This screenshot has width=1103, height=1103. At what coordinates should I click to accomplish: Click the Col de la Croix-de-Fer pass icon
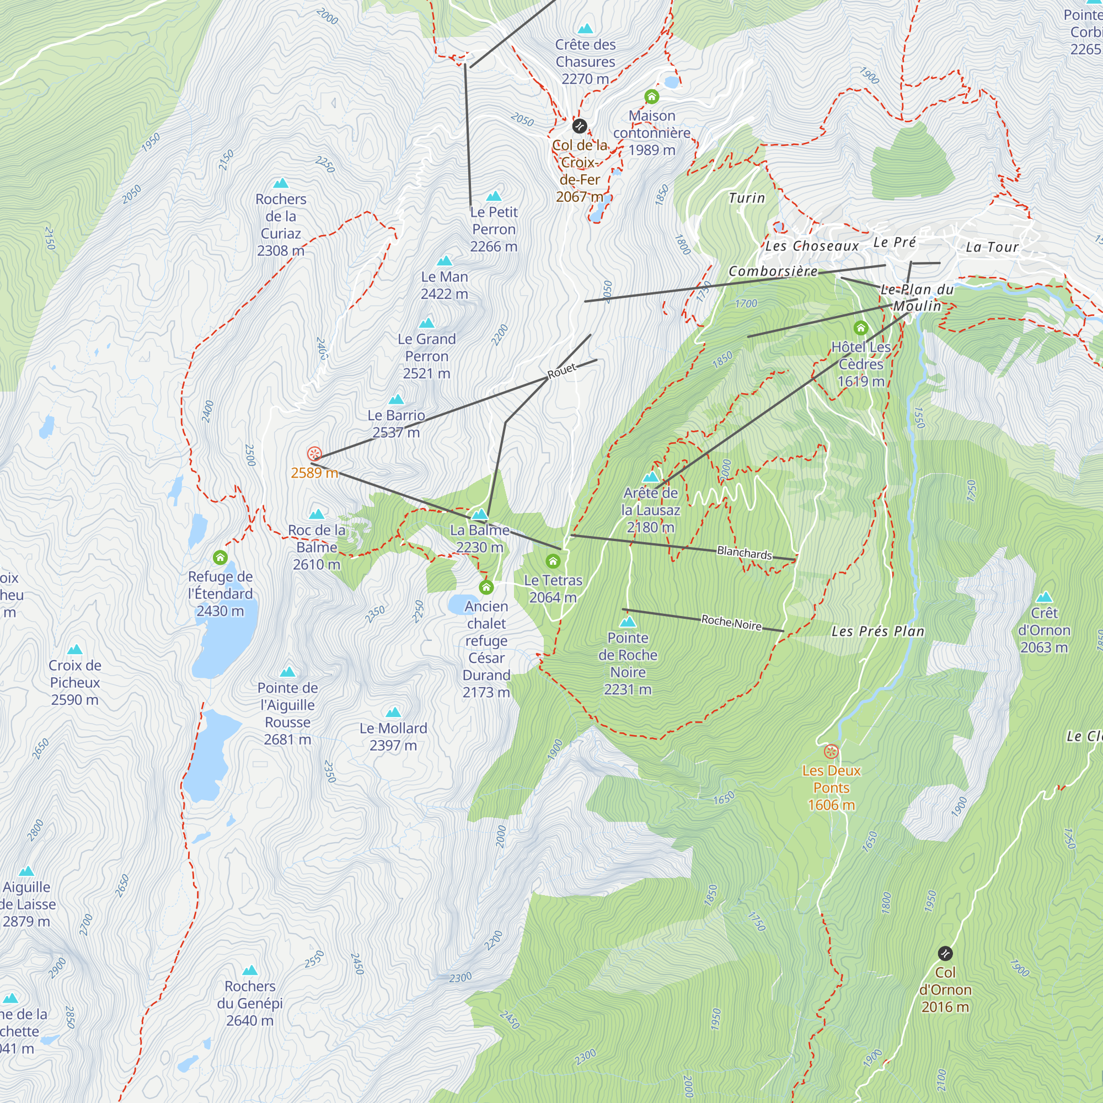pyautogui.click(x=580, y=126)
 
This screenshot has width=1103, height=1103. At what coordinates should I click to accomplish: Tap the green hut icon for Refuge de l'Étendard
pyautogui.click(x=221, y=558)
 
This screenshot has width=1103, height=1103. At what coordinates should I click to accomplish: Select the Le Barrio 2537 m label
pyautogui.click(x=396, y=424)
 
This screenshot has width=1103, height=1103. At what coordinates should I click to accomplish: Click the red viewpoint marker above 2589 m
pyautogui.click(x=314, y=454)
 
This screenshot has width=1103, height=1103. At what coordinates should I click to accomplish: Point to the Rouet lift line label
pyautogui.click(x=562, y=372)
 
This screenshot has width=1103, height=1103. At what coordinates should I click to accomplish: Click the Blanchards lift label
pyautogui.click(x=744, y=553)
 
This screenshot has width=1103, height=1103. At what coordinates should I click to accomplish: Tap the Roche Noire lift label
pyautogui.click(x=731, y=622)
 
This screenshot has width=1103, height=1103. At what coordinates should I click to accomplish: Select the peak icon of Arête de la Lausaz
pyautogui.click(x=651, y=476)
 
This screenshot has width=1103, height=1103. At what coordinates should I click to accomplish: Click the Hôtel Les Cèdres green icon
pyautogui.click(x=861, y=328)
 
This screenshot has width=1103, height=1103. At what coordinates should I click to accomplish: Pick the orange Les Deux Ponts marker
pyautogui.click(x=831, y=752)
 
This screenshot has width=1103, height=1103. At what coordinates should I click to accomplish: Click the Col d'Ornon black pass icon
pyautogui.click(x=945, y=954)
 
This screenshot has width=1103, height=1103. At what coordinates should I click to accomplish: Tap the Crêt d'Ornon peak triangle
pyautogui.click(x=1044, y=597)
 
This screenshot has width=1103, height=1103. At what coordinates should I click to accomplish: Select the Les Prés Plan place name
pyautogui.click(x=877, y=631)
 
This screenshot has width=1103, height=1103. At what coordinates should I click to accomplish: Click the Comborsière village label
pyautogui.click(x=773, y=271)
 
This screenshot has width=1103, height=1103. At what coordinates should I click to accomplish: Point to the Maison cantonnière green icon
pyautogui.click(x=652, y=97)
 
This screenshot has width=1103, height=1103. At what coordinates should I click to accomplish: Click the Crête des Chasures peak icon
pyautogui.click(x=585, y=29)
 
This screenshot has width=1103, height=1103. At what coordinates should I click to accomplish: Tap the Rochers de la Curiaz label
pyautogui.click(x=281, y=224)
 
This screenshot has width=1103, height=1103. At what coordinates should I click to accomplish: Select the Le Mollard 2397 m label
pyautogui.click(x=393, y=736)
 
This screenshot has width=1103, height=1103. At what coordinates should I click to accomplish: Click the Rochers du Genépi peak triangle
pyautogui.click(x=250, y=971)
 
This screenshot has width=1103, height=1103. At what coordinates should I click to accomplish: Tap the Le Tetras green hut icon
pyautogui.click(x=553, y=561)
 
